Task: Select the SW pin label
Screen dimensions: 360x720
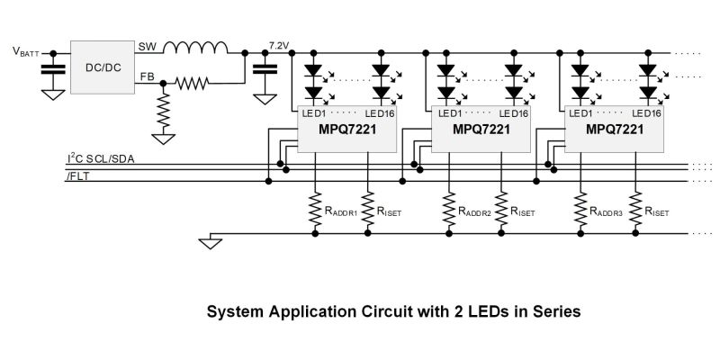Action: pyautogui.click(x=146, y=45)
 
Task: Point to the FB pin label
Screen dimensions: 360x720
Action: pyautogui.click(x=146, y=79)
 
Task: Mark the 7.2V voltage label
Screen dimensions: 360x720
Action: pyautogui.click(x=280, y=43)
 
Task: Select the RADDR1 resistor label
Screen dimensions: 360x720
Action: pyautogui.click(x=341, y=213)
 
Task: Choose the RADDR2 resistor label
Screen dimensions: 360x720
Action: pyautogui.click(x=473, y=213)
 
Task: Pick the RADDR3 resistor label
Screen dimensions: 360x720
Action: pyautogui.click(x=603, y=213)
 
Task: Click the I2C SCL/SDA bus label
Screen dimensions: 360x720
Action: pyautogui.click(x=102, y=158)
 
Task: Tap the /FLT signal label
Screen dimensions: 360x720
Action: pyautogui.click(x=78, y=176)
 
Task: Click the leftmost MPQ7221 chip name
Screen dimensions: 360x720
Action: pyautogui.click(x=346, y=130)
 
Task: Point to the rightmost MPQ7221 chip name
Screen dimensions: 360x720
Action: pyautogui.click(x=614, y=130)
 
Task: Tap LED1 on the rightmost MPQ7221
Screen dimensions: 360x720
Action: pyautogui.click(x=579, y=113)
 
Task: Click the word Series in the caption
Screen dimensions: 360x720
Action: pyautogui.click(x=548, y=312)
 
